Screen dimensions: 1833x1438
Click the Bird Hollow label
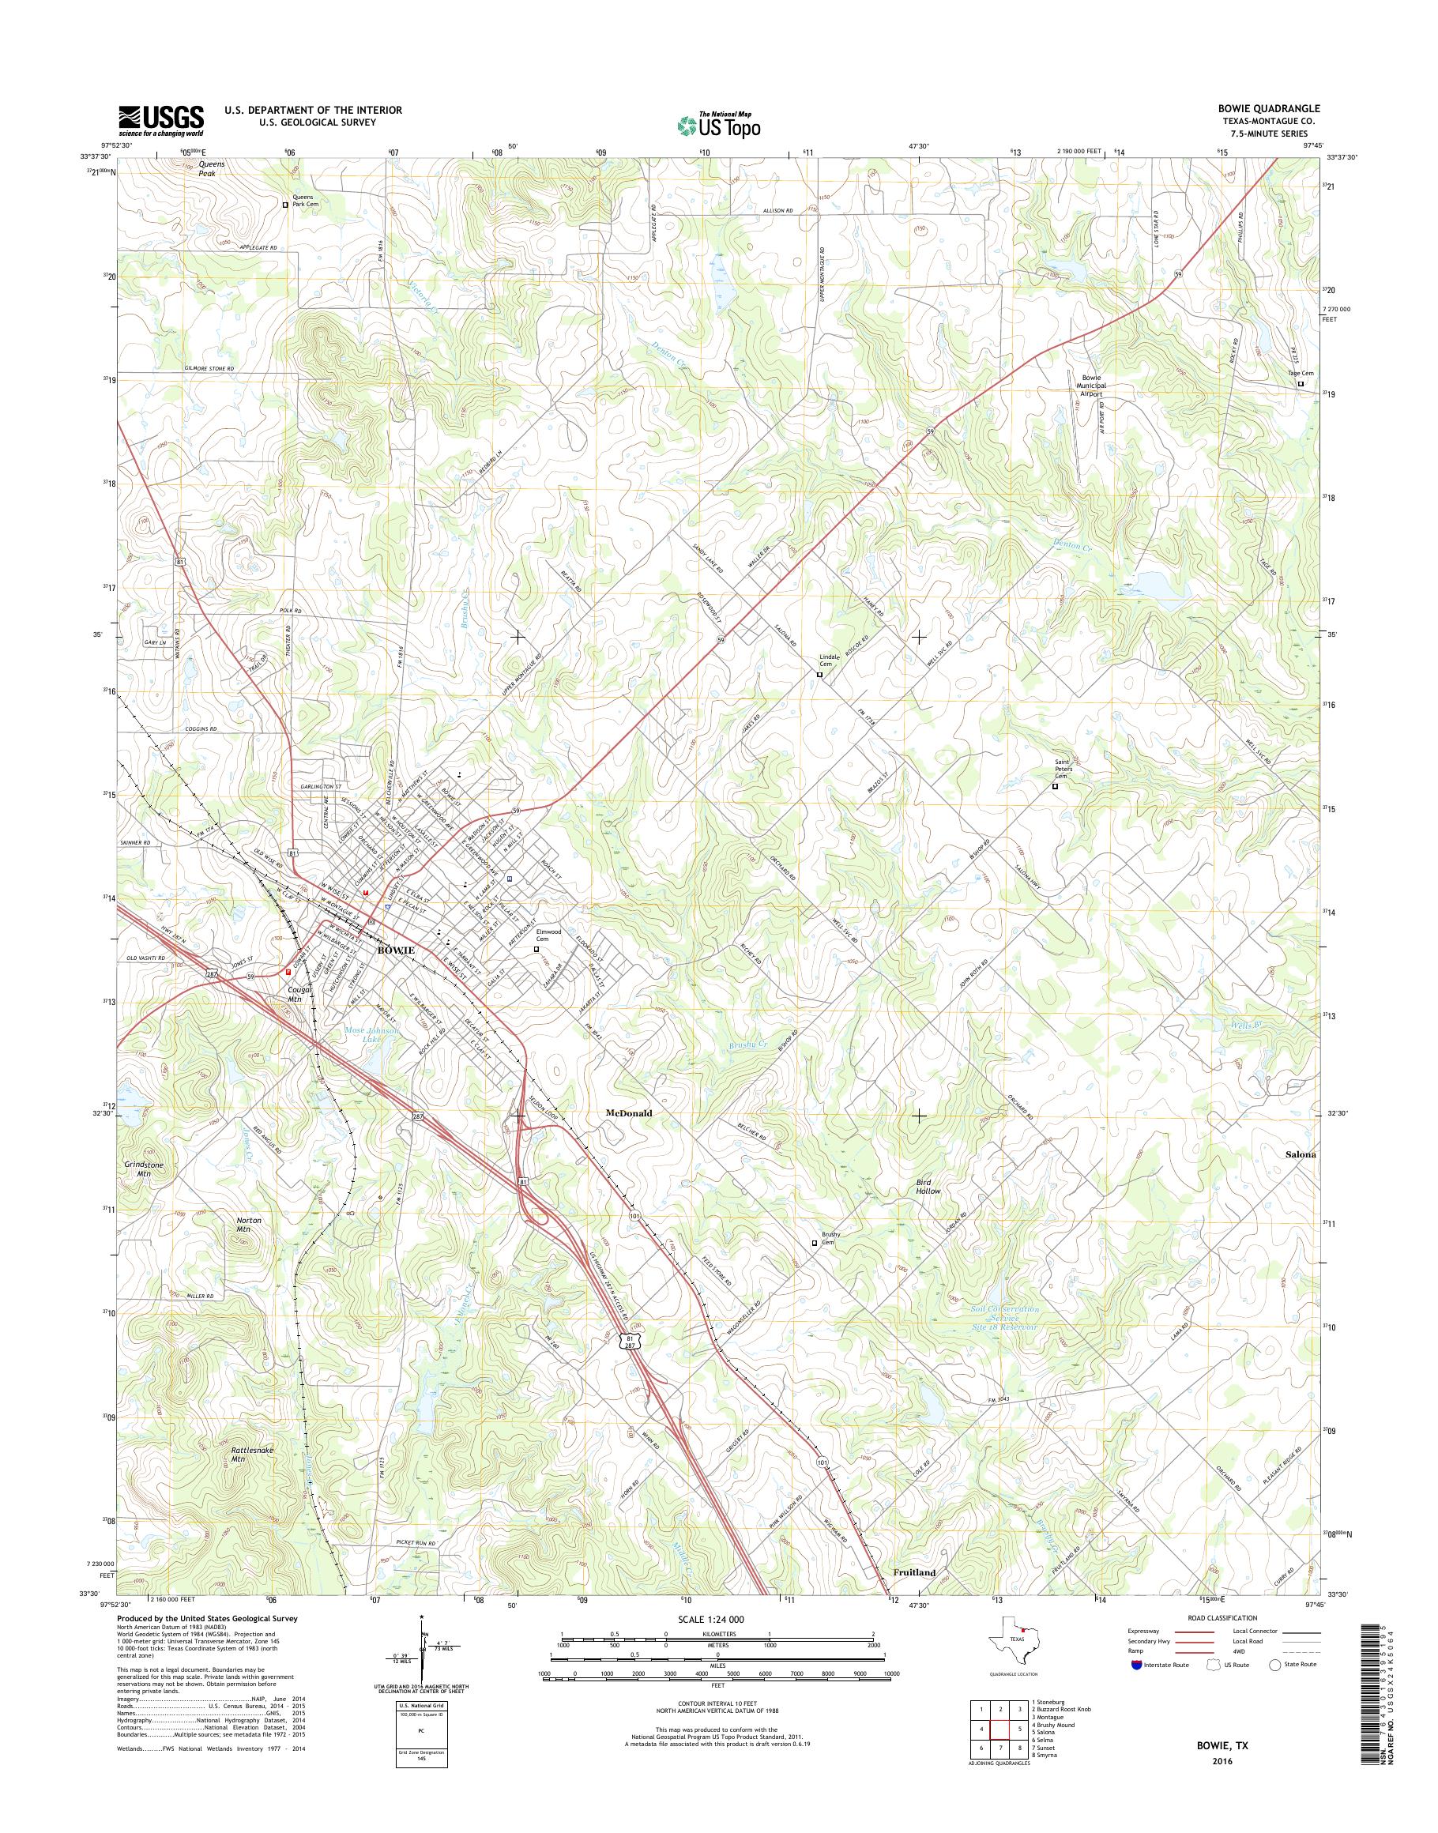tap(928, 1187)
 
